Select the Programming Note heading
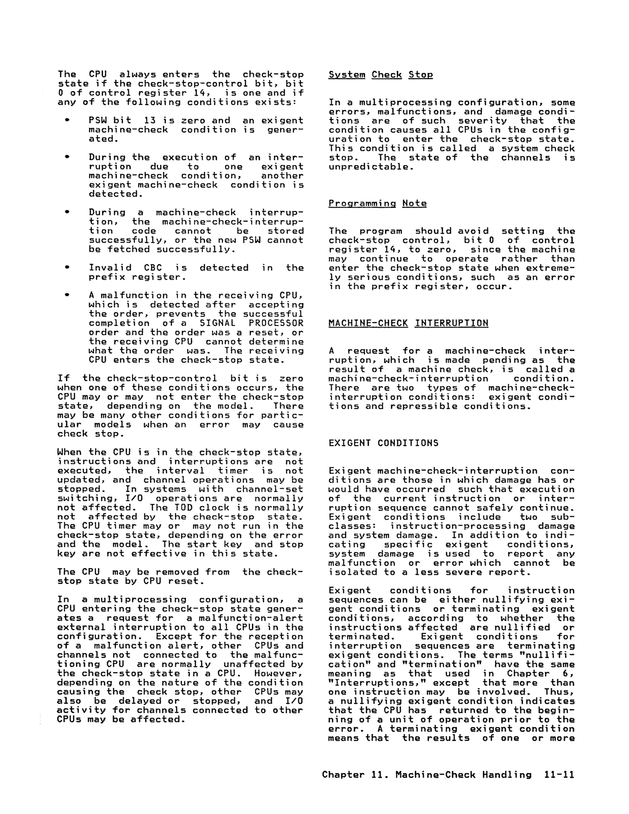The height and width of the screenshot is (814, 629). click(377, 203)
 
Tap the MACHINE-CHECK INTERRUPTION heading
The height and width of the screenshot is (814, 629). click(408, 323)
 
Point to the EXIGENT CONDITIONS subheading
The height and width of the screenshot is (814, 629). click(384, 443)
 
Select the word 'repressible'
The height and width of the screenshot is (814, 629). click(423, 406)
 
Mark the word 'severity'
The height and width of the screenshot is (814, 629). click(482, 121)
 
